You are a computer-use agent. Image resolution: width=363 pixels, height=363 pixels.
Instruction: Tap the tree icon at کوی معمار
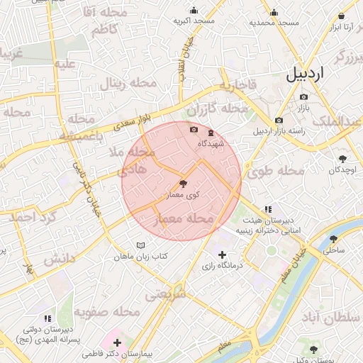[x=184, y=184]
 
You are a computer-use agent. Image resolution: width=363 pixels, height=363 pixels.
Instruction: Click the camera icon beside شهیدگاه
[x=194, y=129]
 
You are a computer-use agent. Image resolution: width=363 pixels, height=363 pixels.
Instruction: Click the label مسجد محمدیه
[x=279, y=23]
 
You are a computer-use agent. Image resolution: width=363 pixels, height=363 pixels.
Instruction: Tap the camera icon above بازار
[x=303, y=96]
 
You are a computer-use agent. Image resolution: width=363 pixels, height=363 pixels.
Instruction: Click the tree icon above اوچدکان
[x=343, y=159]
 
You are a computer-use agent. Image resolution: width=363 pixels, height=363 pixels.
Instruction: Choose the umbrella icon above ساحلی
[x=334, y=239]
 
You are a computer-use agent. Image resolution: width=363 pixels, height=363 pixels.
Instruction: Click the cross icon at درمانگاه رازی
[x=222, y=255]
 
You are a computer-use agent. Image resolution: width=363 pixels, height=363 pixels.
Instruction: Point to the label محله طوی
[x=275, y=170]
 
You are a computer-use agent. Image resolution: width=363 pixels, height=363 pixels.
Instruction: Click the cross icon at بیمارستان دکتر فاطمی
[x=117, y=342]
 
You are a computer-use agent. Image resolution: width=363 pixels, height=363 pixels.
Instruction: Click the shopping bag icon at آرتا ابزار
[x=342, y=15]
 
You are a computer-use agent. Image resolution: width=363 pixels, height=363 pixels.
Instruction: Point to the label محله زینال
[x=127, y=83]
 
